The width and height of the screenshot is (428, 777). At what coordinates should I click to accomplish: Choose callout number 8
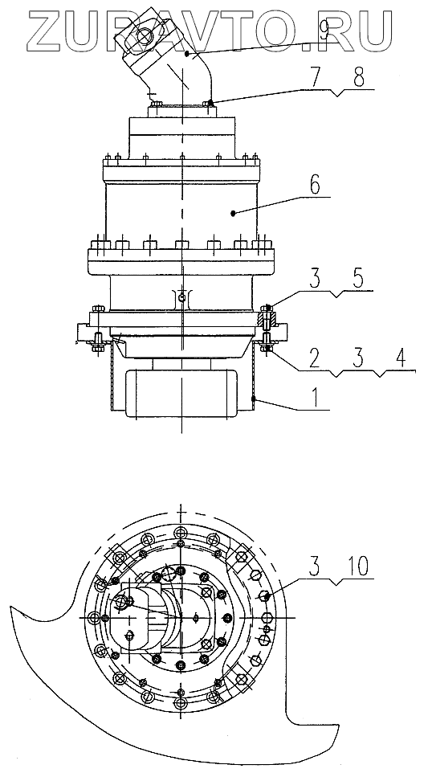357,77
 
